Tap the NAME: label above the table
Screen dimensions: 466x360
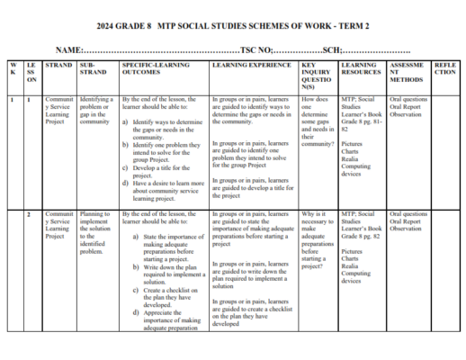point(70,49)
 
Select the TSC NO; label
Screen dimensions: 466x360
point(262,49)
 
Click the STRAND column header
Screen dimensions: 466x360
point(58,67)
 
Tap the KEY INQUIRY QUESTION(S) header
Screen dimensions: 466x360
point(319,77)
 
